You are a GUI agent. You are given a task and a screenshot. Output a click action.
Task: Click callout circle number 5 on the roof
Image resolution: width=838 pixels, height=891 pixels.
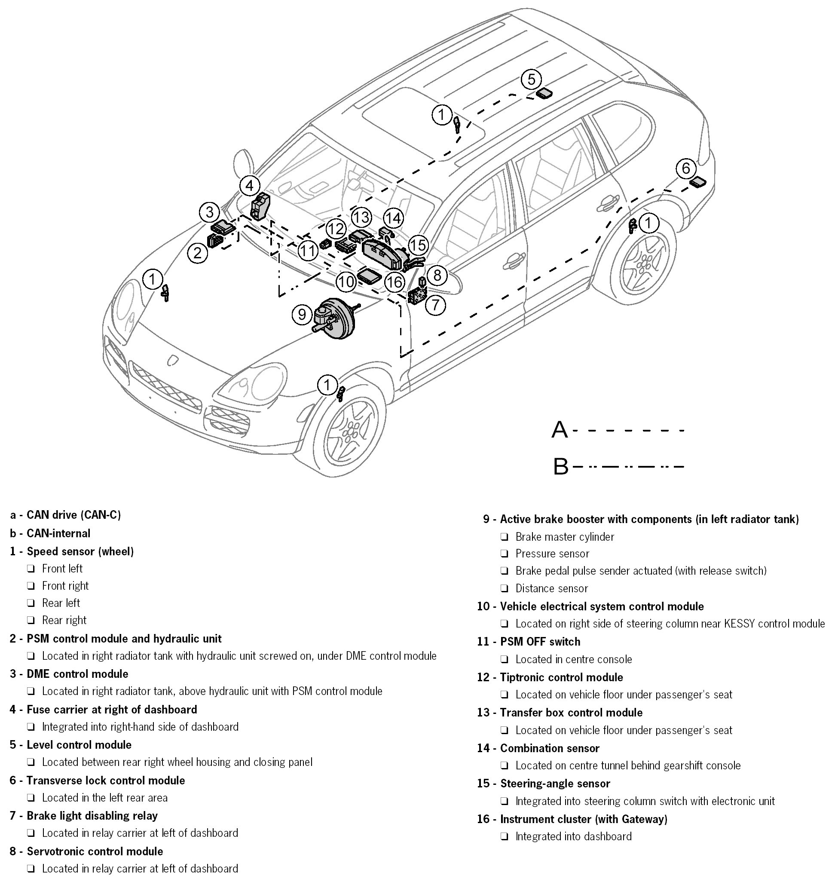click(x=531, y=80)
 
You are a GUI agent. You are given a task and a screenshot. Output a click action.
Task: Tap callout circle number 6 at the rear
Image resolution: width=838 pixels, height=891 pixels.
click(x=685, y=168)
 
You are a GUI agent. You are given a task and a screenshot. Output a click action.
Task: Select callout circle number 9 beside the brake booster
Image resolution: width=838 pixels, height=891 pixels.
click(x=302, y=314)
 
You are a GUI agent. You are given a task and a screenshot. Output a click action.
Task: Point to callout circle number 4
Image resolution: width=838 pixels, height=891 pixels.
click(x=250, y=186)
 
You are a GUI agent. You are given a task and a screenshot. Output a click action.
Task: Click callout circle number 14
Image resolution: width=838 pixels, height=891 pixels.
click(x=393, y=218)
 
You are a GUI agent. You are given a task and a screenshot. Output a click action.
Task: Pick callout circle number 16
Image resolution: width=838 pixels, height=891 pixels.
click(x=395, y=282)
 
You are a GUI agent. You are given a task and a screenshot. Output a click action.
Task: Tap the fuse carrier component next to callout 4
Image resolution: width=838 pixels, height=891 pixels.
click(x=261, y=206)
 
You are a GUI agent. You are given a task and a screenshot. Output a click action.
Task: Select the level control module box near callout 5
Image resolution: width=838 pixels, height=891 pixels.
click(x=544, y=94)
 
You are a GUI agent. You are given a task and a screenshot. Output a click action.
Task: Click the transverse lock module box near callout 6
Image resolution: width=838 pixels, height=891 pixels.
click(x=698, y=182)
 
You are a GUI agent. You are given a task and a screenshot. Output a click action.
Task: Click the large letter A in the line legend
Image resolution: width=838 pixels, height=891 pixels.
click(x=559, y=430)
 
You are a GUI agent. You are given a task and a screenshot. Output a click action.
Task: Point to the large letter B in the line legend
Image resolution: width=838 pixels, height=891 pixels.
click(x=561, y=467)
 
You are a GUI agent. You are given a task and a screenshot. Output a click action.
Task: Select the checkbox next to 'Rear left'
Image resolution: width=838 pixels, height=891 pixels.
click(x=31, y=603)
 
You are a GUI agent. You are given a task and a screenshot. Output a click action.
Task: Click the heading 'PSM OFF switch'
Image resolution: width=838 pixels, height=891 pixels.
click(x=540, y=641)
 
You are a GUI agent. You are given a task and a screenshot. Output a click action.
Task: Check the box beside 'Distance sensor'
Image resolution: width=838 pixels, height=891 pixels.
click(x=505, y=588)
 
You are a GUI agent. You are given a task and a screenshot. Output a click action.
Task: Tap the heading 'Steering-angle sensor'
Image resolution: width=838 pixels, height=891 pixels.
click(x=555, y=784)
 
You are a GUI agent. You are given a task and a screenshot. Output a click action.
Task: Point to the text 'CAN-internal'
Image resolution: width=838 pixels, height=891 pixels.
click(x=58, y=533)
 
